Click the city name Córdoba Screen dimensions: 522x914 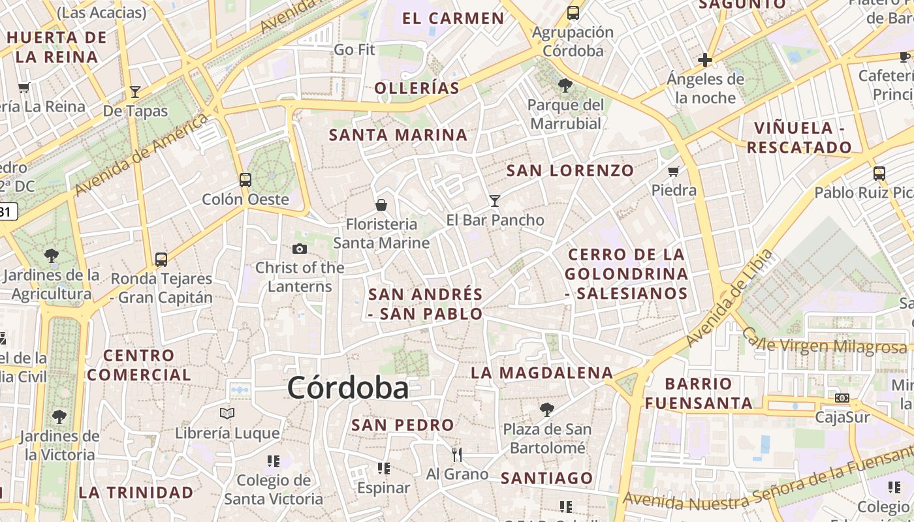348,388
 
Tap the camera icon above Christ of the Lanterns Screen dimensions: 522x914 300,249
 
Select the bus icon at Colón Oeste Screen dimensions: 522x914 245,180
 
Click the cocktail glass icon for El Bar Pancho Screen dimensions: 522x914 495,200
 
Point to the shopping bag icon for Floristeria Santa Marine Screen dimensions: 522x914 381,205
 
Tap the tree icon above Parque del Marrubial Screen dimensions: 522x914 565,85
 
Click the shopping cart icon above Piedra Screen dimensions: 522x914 674,171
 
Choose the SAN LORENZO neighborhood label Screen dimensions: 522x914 571,171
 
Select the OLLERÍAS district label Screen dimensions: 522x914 417,88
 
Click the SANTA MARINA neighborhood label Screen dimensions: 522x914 398,135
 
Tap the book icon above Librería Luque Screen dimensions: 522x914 227,413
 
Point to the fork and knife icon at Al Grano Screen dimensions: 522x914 457,454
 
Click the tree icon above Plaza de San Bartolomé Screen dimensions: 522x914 547,410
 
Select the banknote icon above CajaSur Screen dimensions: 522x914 842,397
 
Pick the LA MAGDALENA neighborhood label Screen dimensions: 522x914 542,373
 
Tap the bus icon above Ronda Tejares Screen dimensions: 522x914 161,259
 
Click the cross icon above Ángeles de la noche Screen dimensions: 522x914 705,61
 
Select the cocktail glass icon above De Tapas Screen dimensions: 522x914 135,91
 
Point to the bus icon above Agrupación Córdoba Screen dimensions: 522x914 573,12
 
